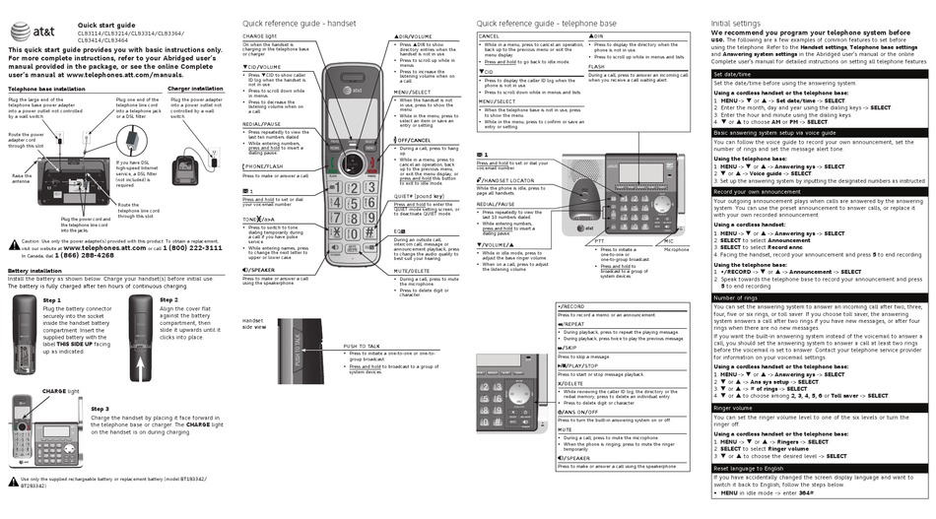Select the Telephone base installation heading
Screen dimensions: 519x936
(x=46, y=89)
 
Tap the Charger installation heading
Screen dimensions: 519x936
(x=195, y=89)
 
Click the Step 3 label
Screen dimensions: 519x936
(x=100, y=408)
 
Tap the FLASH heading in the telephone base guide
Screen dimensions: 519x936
(x=597, y=67)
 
